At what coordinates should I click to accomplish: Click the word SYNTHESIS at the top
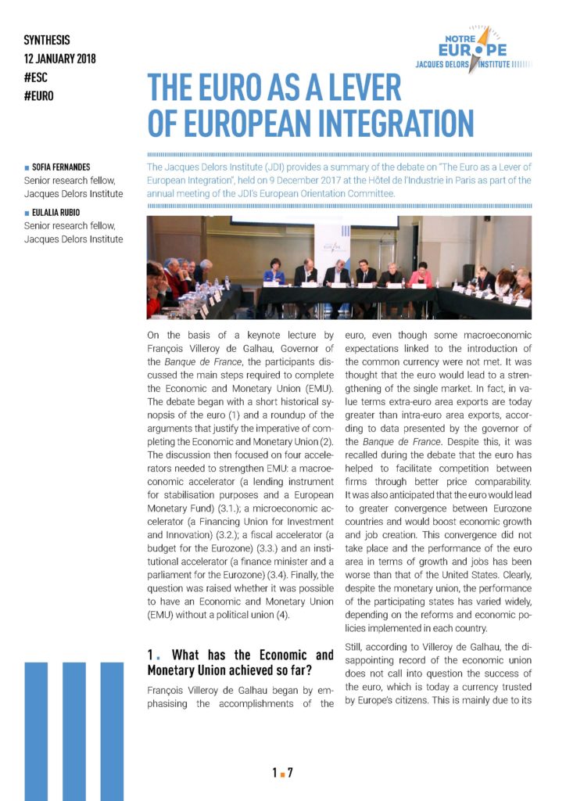pyautogui.click(x=47, y=38)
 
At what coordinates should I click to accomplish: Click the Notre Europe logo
pyautogui.click(x=478, y=51)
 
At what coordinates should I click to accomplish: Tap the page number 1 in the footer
pyautogui.click(x=274, y=774)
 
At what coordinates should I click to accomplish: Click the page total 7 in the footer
pyautogui.click(x=290, y=774)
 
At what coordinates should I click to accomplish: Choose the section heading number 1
pyautogui.click(x=152, y=655)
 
